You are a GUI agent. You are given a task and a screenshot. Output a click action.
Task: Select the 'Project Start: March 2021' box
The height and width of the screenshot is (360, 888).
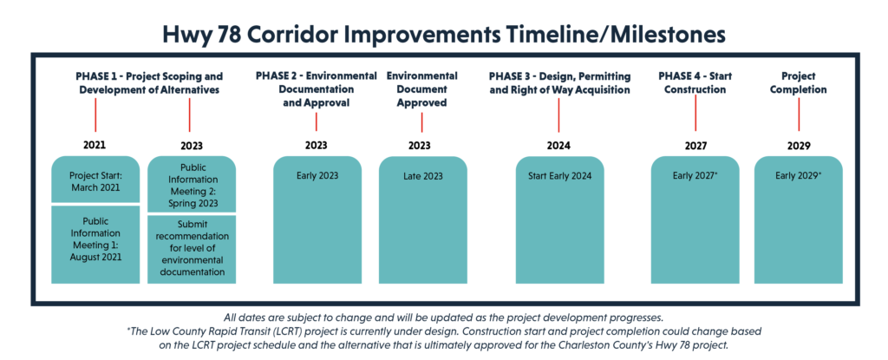(95, 180)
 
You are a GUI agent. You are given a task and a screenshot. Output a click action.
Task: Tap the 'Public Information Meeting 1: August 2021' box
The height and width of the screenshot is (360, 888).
(95, 245)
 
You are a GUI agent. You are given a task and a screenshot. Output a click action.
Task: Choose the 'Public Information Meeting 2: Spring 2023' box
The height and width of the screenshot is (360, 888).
(192, 184)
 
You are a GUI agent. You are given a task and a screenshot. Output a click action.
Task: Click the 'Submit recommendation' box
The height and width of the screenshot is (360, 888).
(192, 250)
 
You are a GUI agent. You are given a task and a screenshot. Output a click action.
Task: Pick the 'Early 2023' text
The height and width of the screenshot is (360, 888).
(317, 176)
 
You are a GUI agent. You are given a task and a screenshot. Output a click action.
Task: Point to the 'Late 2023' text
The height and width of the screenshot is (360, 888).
(422, 176)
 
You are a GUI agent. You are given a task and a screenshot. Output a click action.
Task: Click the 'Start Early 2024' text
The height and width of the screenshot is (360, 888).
(559, 176)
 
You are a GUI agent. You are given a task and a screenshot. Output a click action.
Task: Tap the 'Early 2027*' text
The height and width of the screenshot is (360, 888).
(695, 176)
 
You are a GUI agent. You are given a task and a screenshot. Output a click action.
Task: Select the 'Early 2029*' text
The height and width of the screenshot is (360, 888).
(799, 176)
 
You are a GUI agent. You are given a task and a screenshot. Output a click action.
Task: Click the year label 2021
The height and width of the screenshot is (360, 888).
(95, 145)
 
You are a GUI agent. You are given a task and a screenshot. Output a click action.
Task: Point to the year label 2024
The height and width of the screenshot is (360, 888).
(559, 146)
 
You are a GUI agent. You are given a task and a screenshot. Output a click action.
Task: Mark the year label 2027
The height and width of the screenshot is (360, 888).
(695, 146)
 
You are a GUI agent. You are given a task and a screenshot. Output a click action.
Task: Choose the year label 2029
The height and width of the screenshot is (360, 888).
(799, 146)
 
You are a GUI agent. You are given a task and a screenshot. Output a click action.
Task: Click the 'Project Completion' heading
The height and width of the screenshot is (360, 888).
(799, 82)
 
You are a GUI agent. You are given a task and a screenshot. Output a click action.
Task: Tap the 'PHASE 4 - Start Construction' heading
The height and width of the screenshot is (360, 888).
(695, 82)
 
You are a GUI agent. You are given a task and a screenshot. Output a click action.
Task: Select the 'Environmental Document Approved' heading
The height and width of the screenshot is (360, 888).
(422, 89)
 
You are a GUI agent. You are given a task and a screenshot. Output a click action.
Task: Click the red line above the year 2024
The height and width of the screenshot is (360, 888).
(559, 115)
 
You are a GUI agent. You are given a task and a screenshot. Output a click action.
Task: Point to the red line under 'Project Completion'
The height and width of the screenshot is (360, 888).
(799, 115)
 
